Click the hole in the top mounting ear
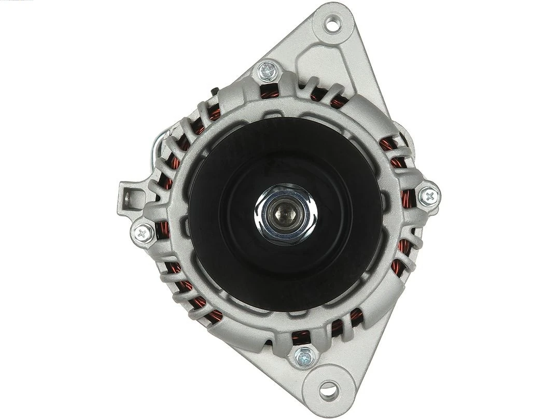pos(332,23)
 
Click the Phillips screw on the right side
pos(429,196)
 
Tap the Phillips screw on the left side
pos(143,233)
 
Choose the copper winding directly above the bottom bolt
pos(301,337)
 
